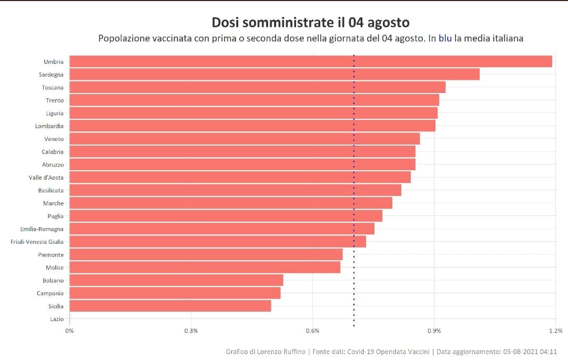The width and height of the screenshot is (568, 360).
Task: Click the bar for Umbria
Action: [310, 61]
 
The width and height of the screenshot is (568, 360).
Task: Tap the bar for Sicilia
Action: [170, 306]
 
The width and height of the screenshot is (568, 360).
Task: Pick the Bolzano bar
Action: [176, 280]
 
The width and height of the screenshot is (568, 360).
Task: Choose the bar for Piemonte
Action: [206, 254]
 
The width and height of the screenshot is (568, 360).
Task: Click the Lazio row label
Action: [57, 319]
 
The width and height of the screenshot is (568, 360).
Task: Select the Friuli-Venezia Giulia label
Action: [37, 242]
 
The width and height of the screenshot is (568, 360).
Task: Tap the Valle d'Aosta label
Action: [46, 178]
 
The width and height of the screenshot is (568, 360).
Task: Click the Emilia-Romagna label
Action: [42, 229]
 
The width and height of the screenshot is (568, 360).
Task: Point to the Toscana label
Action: [53, 88]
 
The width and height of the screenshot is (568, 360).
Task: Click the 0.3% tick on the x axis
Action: [191, 331]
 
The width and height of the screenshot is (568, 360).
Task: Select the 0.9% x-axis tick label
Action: [434, 331]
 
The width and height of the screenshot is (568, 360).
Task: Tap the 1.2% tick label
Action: [555, 331]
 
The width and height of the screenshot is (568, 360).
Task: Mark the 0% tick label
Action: [69, 331]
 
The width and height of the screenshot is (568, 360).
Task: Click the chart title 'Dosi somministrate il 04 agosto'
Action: [310, 23]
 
